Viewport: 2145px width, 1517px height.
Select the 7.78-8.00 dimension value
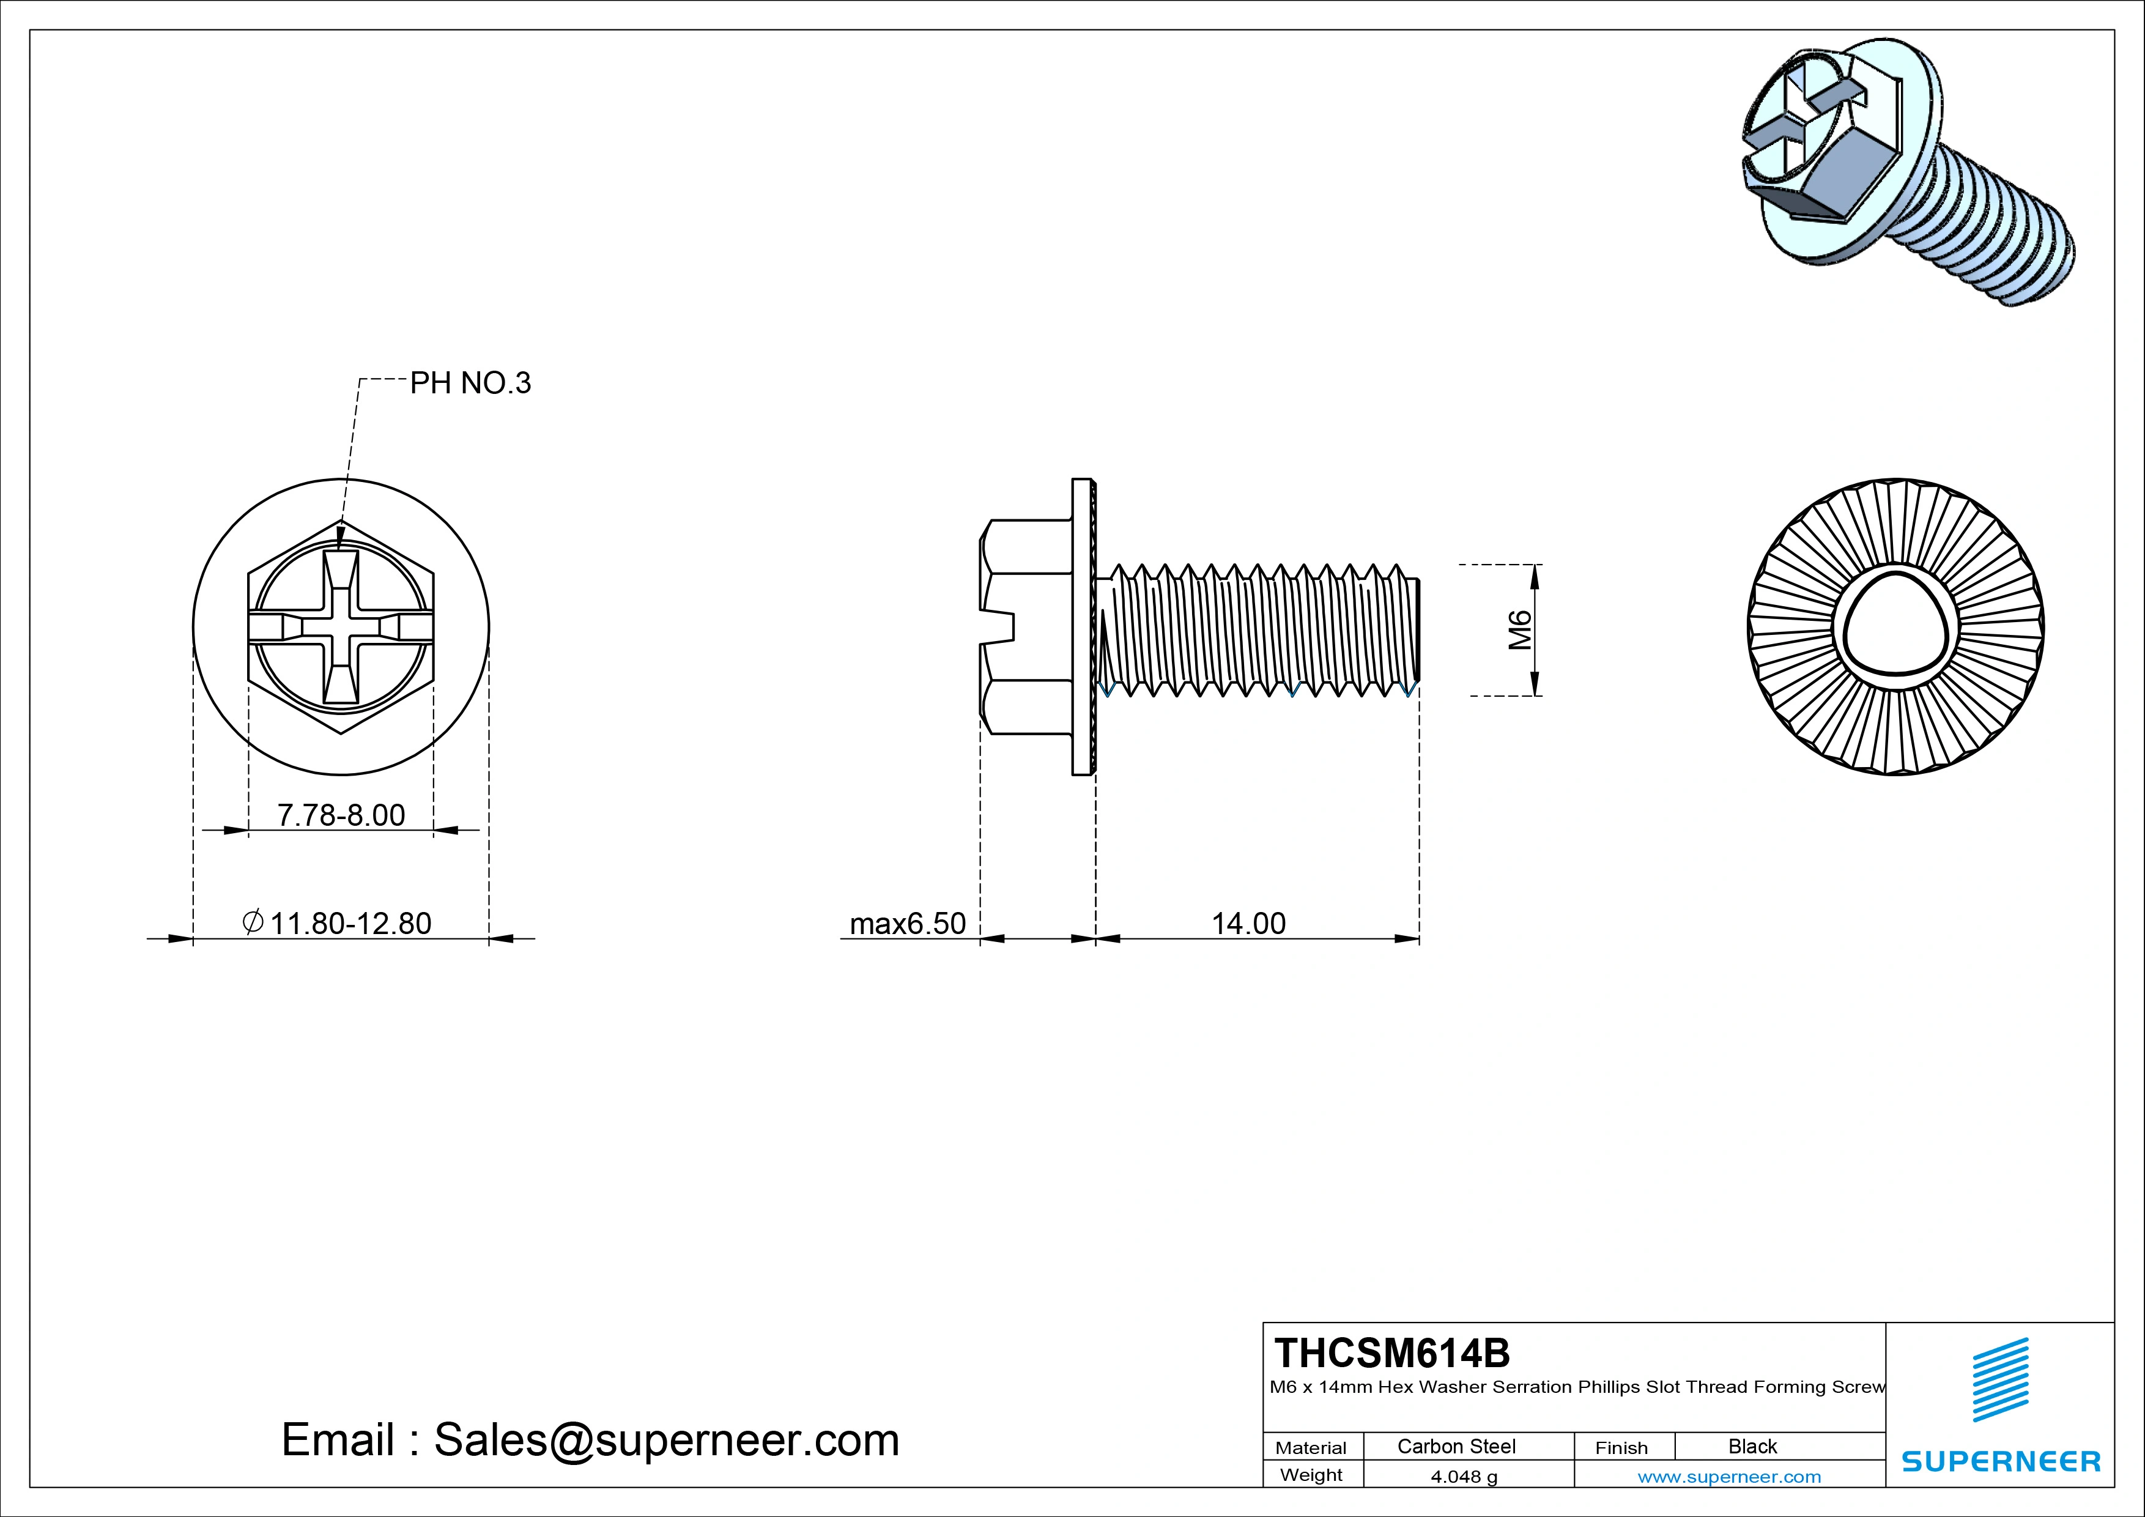[341, 815]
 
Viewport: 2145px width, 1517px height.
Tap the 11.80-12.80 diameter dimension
[349, 923]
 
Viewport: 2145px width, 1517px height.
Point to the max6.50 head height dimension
[907, 923]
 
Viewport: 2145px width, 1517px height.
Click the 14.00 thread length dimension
[1248, 923]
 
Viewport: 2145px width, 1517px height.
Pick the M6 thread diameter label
[1520, 631]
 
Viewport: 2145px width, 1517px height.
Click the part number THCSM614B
[1392, 1352]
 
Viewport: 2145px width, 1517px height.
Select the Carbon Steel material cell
[1456, 1446]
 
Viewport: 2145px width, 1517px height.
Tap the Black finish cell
[1752, 1446]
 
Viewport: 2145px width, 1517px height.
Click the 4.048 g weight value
[1464, 1477]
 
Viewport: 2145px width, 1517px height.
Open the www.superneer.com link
[1728, 1477]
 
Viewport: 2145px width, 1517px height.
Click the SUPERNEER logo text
[2000, 1461]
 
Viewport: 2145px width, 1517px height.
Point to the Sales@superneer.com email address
[665, 1439]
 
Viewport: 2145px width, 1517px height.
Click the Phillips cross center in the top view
[341, 627]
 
